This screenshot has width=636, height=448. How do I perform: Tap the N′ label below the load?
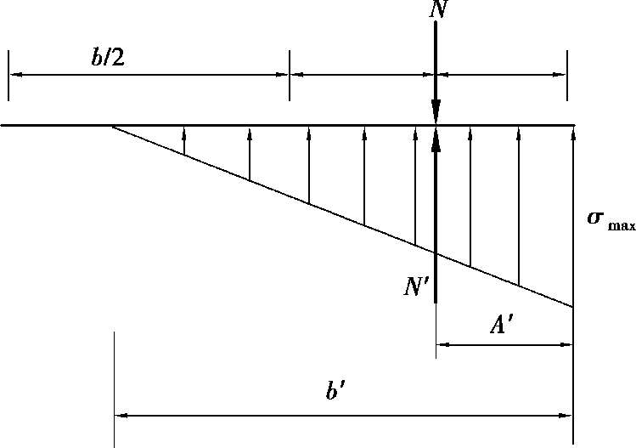tap(418, 286)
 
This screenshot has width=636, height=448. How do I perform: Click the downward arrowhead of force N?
tap(436, 114)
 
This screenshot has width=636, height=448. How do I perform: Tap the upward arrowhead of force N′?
tap(436, 138)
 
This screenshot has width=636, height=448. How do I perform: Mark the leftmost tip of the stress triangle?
tap(112, 126)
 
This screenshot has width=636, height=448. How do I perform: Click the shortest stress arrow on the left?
tap(184, 140)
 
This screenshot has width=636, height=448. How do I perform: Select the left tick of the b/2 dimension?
tap(8, 75)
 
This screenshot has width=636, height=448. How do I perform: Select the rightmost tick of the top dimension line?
tap(566, 75)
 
